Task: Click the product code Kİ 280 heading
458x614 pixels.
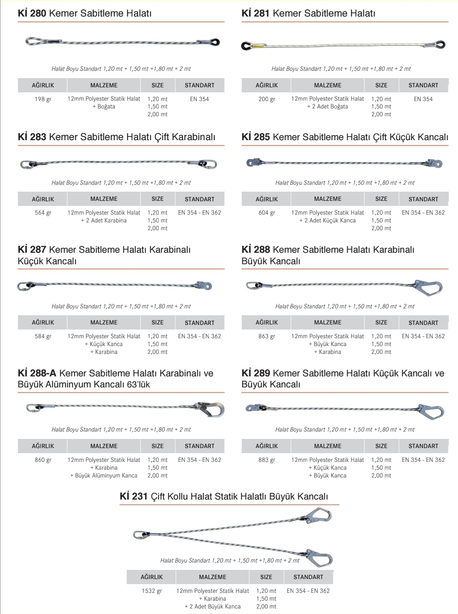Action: click(x=32, y=13)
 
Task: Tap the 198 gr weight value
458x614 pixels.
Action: click(x=43, y=99)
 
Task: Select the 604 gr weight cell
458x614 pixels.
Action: click(x=267, y=213)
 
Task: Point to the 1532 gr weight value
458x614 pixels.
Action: click(x=152, y=591)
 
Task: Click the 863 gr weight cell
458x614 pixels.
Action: click(x=267, y=336)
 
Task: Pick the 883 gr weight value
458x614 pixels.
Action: click(x=267, y=460)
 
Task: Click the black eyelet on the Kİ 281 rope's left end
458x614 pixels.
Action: click(x=247, y=45)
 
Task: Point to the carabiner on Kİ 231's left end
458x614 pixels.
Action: click(x=139, y=534)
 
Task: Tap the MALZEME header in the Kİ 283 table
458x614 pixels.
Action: click(x=104, y=199)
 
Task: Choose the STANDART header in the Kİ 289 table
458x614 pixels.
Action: click(x=423, y=446)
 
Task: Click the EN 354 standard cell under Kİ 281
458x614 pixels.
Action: click(x=423, y=99)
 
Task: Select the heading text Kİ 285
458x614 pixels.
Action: click(x=256, y=137)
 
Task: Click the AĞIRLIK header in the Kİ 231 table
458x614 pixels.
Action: click(x=152, y=577)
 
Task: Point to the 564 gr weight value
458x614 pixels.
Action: click(x=43, y=213)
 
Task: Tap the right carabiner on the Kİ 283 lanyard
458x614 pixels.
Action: click(x=208, y=164)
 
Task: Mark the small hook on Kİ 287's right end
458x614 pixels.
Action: click(x=205, y=285)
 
